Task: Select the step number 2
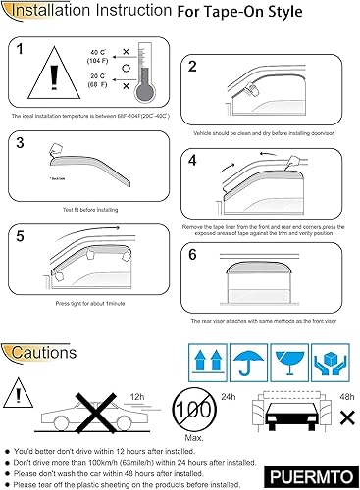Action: click(x=193, y=66)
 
